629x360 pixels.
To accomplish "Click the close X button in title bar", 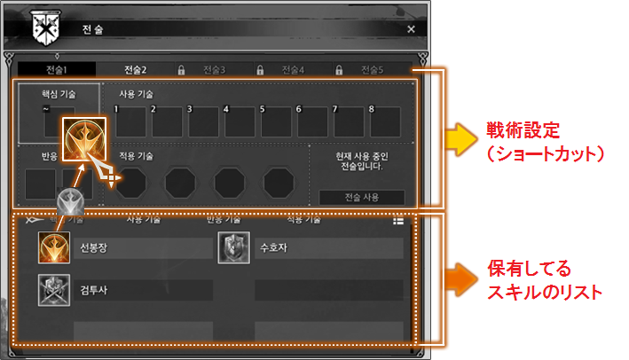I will [411, 28].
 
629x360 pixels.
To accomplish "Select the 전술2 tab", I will [136, 69].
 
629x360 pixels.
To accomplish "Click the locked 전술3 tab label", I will [214, 69].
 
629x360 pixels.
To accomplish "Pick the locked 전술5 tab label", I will [373, 69].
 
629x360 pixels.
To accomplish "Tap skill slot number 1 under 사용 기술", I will [130, 121].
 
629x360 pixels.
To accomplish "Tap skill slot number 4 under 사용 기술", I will [239, 121].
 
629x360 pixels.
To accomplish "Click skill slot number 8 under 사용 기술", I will [384, 121].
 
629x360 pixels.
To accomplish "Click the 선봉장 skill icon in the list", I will [53, 247].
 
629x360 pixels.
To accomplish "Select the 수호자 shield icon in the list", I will [232, 247].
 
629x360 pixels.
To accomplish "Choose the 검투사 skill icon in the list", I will [53, 290].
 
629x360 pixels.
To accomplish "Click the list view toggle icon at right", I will [399, 222].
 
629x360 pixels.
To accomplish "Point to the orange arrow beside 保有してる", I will [460, 278].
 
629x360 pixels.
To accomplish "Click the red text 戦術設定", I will [523, 129].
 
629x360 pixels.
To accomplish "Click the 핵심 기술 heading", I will [59, 92].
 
